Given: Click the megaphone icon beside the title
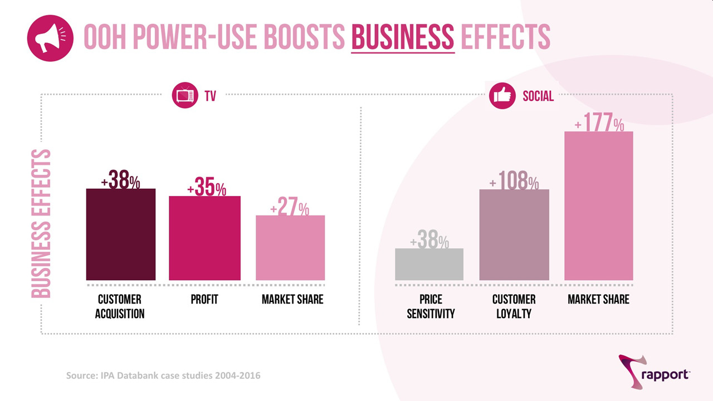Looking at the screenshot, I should tap(50, 38).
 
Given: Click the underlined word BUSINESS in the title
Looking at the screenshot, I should tap(403, 38).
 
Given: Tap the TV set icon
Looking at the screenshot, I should tap(185, 96).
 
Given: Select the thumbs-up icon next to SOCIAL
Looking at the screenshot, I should tap(502, 96).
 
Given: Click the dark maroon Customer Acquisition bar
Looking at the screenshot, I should tap(120, 234).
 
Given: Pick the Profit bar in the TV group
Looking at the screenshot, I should tap(204, 238).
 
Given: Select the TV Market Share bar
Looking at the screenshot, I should tap(290, 248).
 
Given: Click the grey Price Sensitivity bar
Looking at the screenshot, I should tap(429, 264).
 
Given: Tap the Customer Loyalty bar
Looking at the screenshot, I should tap(514, 234).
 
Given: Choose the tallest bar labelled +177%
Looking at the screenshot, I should tap(599, 206).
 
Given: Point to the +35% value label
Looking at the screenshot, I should tap(207, 188).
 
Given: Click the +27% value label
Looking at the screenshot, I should tap(290, 208).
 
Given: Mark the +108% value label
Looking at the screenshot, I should tap(514, 182).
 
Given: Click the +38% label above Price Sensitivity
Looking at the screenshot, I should tap(429, 241).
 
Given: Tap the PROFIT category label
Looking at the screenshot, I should tap(204, 300).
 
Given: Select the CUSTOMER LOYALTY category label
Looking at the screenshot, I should tap(514, 306).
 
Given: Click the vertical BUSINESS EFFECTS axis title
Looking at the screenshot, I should tap(41, 223).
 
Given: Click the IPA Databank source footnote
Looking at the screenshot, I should tap(163, 375).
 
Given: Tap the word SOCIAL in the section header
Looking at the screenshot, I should tap(538, 96).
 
